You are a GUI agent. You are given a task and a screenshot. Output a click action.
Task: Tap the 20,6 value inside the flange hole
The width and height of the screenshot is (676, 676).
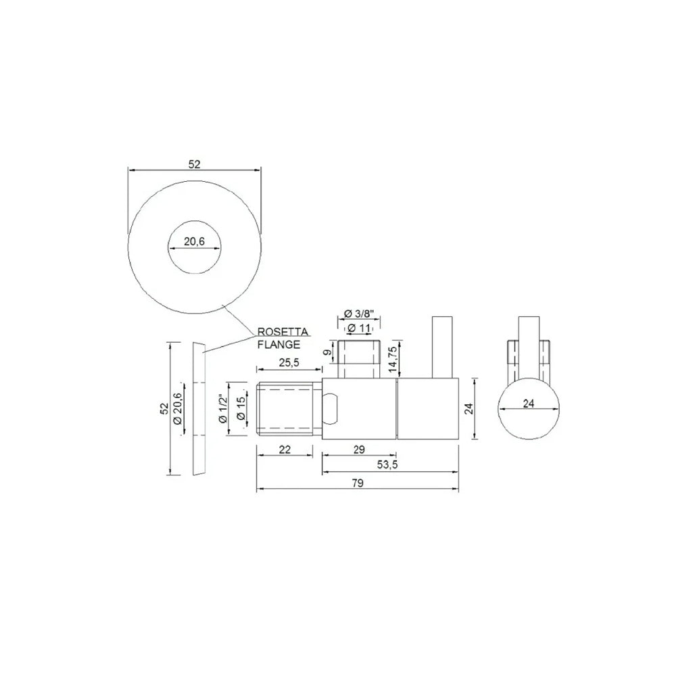pyautogui.click(x=195, y=242)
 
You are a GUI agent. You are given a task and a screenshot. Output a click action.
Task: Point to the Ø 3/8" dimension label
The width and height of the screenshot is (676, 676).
pyautogui.click(x=358, y=314)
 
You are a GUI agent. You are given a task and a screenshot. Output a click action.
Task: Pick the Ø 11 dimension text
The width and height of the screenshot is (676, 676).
pyautogui.click(x=359, y=329)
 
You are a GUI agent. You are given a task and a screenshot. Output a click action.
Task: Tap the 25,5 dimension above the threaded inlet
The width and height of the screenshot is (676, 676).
pyautogui.click(x=289, y=362)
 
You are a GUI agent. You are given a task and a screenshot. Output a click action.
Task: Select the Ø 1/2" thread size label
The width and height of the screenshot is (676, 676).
pyautogui.click(x=223, y=409)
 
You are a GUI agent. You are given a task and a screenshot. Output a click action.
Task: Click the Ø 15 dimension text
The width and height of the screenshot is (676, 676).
pyautogui.click(x=240, y=409)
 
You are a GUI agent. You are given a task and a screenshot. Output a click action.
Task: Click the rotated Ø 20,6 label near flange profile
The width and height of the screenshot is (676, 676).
pyautogui.click(x=177, y=409)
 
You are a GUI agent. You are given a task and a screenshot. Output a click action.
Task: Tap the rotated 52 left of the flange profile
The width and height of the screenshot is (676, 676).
pyautogui.click(x=162, y=409)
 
